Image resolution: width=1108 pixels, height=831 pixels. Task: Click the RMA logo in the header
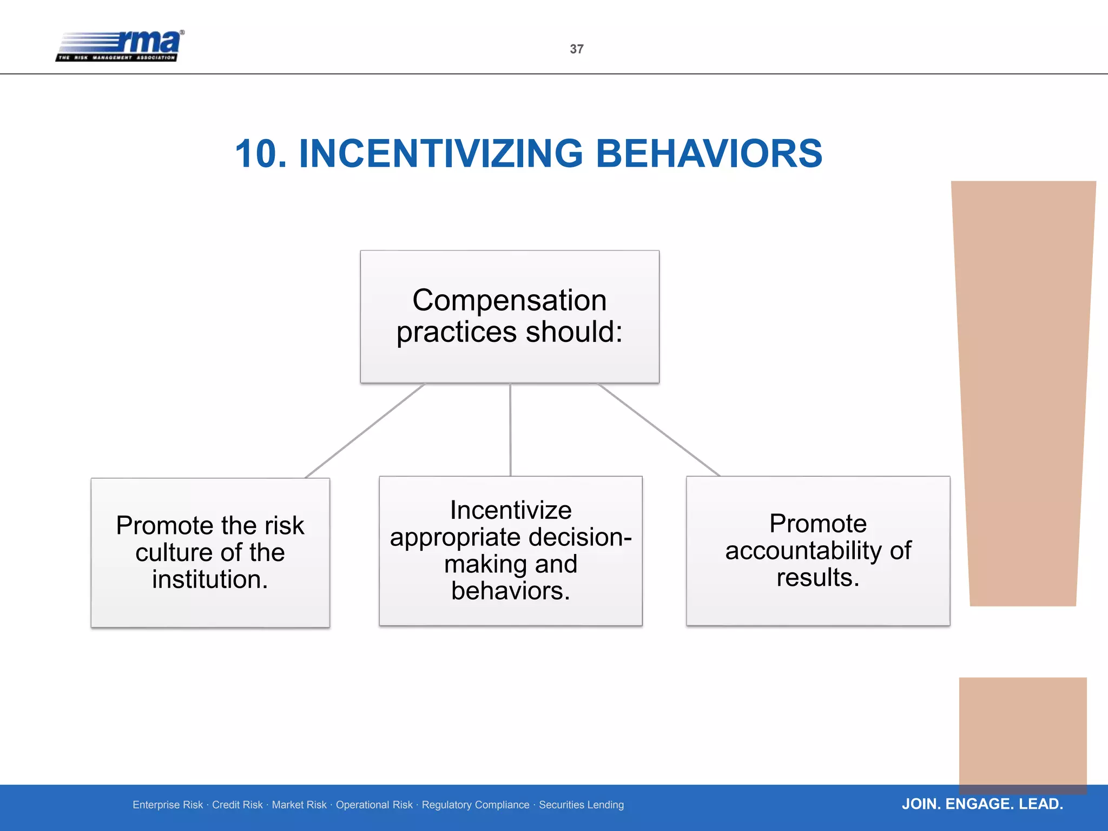[x=120, y=46]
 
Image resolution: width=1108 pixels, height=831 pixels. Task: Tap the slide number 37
[x=577, y=49]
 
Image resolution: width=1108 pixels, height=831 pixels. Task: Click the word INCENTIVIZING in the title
[x=440, y=154]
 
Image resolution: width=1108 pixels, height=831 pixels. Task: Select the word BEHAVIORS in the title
[x=709, y=154]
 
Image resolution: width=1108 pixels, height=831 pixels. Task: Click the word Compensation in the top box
[x=509, y=300]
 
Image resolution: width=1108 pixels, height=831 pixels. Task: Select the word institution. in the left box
[x=210, y=579]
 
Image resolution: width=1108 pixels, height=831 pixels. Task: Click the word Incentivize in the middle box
[x=511, y=510]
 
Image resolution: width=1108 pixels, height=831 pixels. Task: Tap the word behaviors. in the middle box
[x=511, y=591]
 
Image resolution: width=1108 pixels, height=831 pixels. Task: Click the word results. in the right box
[x=818, y=577]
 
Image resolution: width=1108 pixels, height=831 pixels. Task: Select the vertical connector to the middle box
[x=510, y=430]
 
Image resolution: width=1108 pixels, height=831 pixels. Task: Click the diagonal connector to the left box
[x=365, y=431]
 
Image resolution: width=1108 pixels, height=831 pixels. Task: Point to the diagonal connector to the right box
[x=658, y=430]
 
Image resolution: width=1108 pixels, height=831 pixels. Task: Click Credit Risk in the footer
[x=237, y=805]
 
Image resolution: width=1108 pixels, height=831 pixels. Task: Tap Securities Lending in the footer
[x=581, y=805]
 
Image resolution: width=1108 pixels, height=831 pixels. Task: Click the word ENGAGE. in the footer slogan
[x=979, y=804]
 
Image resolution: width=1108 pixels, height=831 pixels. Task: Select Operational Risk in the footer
[x=374, y=805]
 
